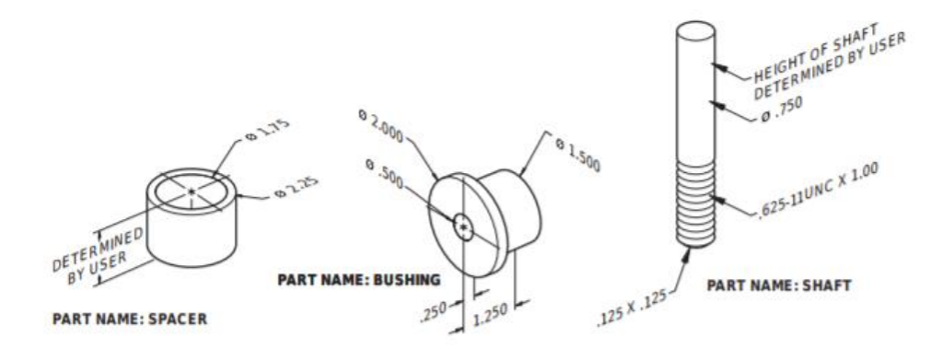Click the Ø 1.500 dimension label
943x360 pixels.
pos(578,156)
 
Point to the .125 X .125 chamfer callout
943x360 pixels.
pos(630,316)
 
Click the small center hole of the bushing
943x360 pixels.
pos(464,226)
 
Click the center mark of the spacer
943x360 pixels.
pos(192,192)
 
